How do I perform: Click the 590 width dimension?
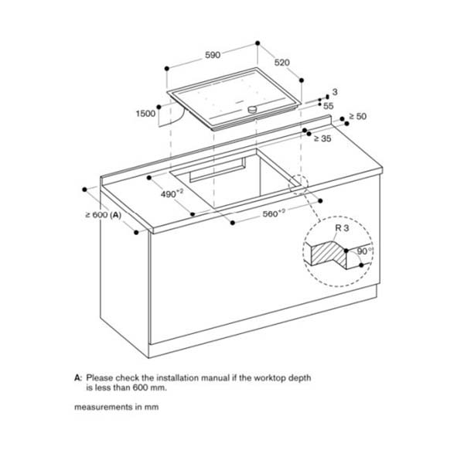pos(212,55)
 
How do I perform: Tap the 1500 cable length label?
pos(145,113)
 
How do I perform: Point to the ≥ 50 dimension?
pos(357,116)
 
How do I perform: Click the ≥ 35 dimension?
pos(322,138)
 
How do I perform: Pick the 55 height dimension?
pos(328,106)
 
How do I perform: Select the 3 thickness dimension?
pos(334,92)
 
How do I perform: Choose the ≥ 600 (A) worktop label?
pos(103,214)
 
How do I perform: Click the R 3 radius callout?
pos(343,230)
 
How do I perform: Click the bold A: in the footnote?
pos(78,377)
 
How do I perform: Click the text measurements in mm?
pos(116,407)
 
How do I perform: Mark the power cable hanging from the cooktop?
pos(173,116)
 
